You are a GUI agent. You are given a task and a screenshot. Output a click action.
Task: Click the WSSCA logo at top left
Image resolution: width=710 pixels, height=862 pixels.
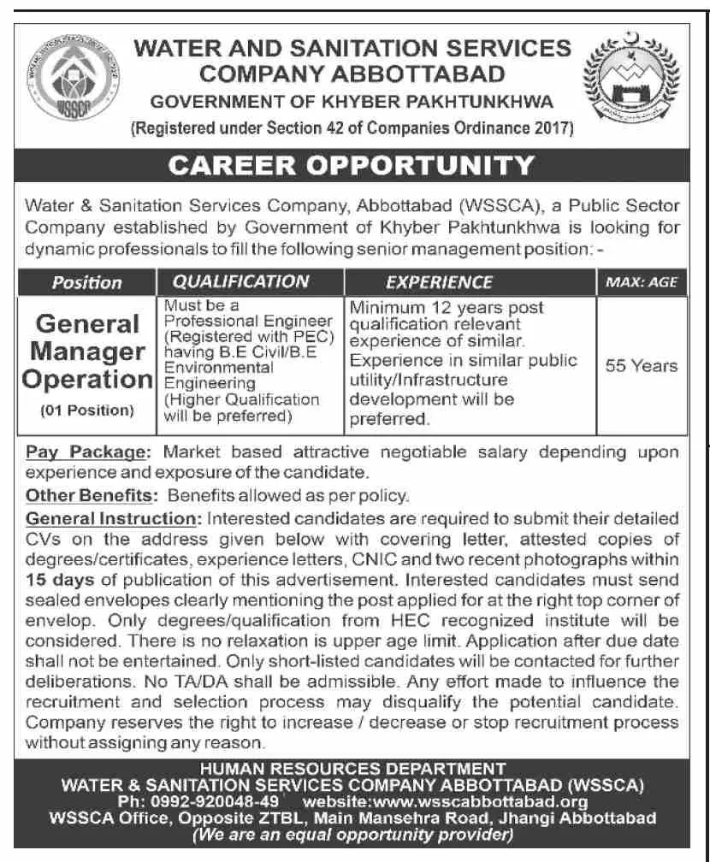pos(69,83)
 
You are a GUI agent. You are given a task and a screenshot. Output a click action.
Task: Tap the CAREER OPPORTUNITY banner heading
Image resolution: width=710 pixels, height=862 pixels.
pos(352,165)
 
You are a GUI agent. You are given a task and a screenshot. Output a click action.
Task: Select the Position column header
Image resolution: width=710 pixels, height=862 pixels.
pos(86,282)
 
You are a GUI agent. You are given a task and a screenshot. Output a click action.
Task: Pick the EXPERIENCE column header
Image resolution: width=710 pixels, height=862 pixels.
pos(439,281)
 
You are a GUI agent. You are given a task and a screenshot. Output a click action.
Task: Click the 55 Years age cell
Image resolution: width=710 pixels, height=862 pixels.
pos(641,366)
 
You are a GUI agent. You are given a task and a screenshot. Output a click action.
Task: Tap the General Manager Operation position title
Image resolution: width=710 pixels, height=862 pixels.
pos(86,351)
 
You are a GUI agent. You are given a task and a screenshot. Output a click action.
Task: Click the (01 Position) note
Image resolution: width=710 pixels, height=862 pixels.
pos(86,410)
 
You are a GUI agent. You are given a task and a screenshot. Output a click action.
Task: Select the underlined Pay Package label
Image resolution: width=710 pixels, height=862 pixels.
pos(89,452)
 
